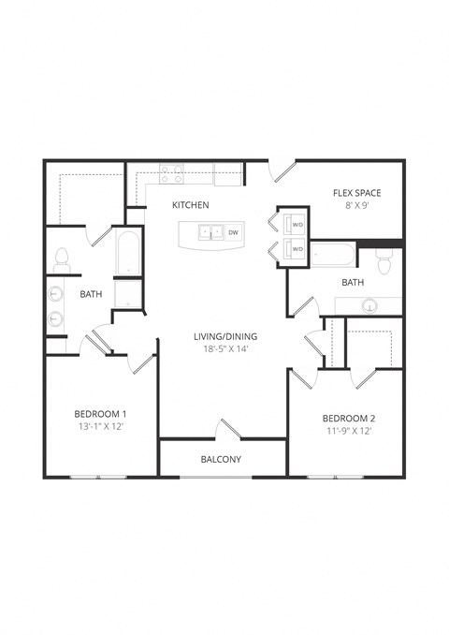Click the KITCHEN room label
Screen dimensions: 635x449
pyautogui.click(x=190, y=204)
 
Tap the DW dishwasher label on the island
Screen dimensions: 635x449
pyautogui.click(x=233, y=232)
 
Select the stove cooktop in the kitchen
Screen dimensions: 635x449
pyautogui.click(x=171, y=173)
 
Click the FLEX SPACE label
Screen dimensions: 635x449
pyautogui.click(x=356, y=193)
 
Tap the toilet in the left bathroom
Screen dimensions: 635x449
pyautogui.click(x=63, y=258)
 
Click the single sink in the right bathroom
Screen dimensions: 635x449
pyautogui.click(x=370, y=305)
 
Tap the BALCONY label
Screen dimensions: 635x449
pyautogui.click(x=221, y=459)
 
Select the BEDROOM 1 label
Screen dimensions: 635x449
pyautogui.click(x=100, y=413)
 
